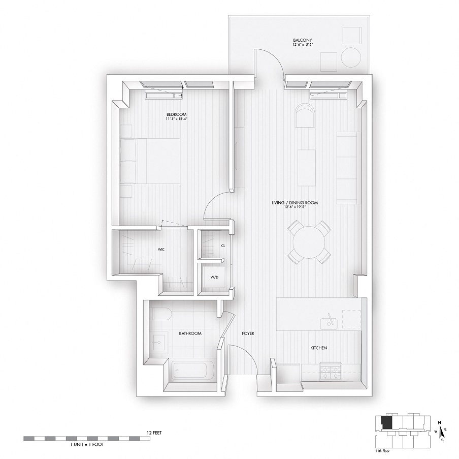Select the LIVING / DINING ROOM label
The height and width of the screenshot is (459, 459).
pyautogui.click(x=302, y=203)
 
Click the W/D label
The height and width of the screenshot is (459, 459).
pyautogui.click(x=215, y=278)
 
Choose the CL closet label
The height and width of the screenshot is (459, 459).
pyautogui.click(x=223, y=245)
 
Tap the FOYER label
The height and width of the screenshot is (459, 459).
pyautogui.click(x=248, y=333)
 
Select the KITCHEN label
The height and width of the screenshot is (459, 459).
pyautogui.click(x=319, y=348)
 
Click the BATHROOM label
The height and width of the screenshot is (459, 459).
pyautogui.click(x=190, y=333)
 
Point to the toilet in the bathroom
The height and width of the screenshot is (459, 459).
pyautogui.click(x=159, y=315)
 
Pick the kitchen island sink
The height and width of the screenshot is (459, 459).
pyautogui.click(x=331, y=321)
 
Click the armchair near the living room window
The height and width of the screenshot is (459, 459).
pyautogui.click(x=305, y=116)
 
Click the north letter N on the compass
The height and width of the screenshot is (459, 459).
pyautogui.click(x=440, y=421)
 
